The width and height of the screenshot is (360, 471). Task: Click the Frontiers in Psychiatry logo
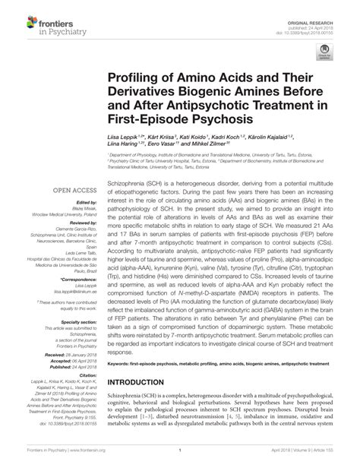pos(46,20)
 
